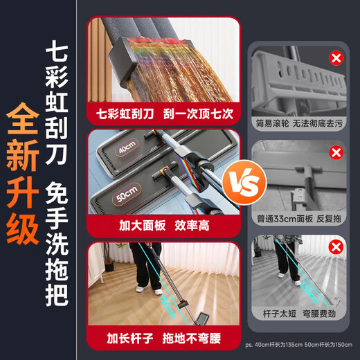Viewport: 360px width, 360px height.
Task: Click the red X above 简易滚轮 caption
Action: click(336, 58)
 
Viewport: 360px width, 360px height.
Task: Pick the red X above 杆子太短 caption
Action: click(336, 246)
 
